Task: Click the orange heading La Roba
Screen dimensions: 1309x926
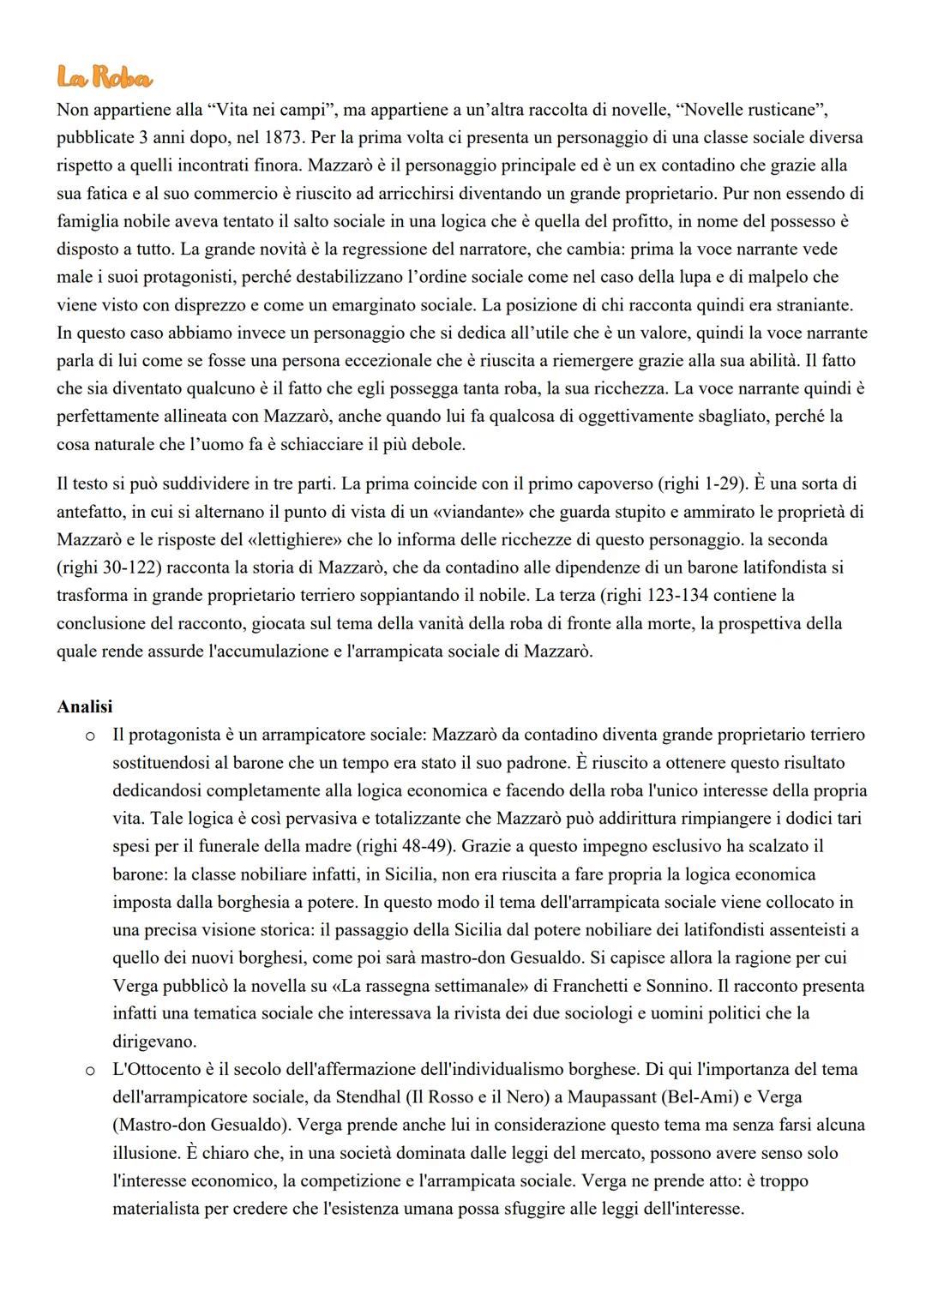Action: pos(104,79)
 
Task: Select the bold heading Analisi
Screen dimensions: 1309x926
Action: pos(84,706)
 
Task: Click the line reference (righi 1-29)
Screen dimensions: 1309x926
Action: pos(703,483)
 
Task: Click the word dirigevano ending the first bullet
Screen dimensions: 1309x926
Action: pos(154,1042)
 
